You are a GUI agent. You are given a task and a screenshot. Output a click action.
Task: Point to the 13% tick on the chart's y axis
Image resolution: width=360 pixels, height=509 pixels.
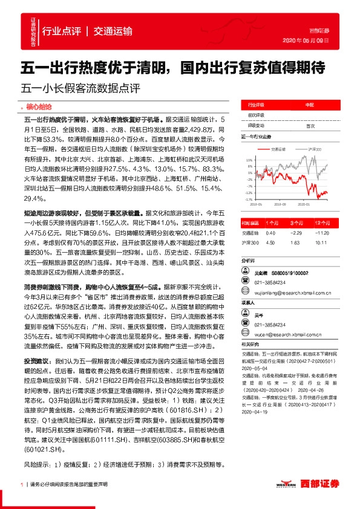pos(248,159)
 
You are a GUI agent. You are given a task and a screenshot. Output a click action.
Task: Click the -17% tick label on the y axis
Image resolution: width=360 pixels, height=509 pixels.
pos(248,198)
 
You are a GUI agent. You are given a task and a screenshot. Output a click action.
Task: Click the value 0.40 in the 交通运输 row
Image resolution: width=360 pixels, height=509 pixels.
pos(270,232)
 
